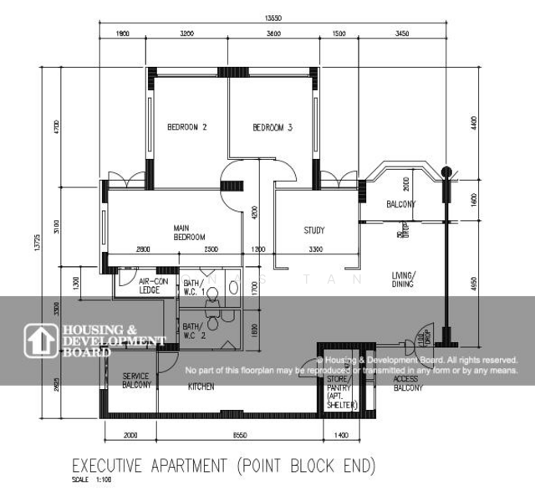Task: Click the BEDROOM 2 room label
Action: click(187, 127)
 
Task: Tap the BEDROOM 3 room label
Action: click(273, 128)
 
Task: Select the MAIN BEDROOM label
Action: click(190, 233)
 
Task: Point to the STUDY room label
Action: click(313, 231)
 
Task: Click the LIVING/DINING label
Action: click(405, 279)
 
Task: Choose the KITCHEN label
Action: click(201, 387)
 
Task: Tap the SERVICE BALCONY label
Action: click(136, 382)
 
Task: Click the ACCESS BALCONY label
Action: click(408, 383)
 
